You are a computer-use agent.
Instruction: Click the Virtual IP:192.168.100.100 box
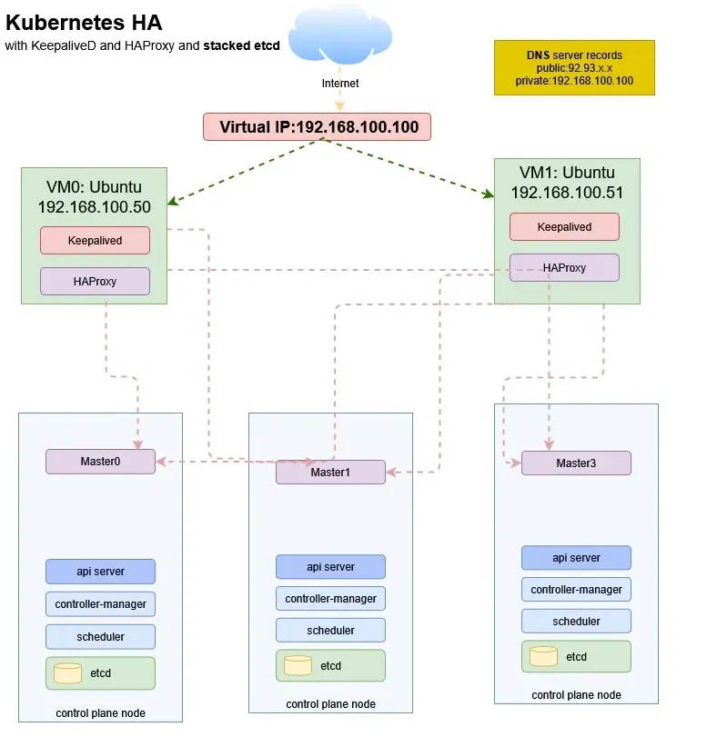pos(316,127)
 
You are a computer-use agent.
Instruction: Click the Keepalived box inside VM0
pos(95,241)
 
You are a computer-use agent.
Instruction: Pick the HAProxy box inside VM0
pos(95,282)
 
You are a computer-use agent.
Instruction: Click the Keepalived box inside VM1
pos(564,227)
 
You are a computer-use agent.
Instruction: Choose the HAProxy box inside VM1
pos(564,268)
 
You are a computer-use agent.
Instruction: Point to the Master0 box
pos(100,462)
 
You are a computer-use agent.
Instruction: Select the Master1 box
pos(330,473)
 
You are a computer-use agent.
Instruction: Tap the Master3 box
pos(575,463)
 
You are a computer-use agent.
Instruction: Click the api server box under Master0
pos(100,572)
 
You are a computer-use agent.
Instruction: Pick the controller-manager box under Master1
pos(330,599)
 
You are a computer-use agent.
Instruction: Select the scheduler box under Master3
pos(575,622)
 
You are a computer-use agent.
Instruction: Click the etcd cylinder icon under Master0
pos(68,673)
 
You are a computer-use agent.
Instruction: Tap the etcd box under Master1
pos(330,666)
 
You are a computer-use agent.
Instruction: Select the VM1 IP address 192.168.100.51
pos(567,193)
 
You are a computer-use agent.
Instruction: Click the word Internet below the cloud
pos(340,84)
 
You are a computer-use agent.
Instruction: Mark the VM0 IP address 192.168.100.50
pos(94,206)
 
